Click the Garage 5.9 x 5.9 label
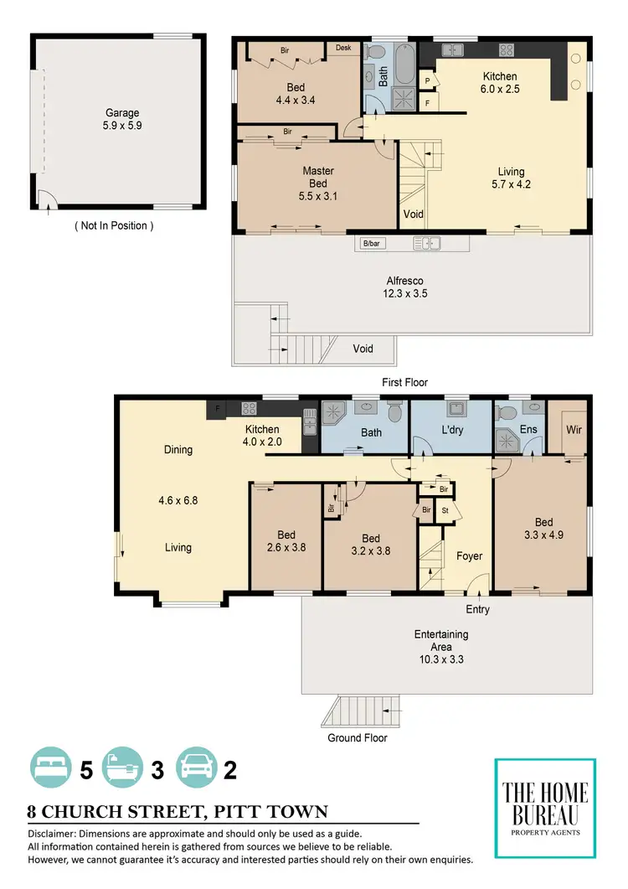[x=122, y=120]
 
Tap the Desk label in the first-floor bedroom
[x=343, y=48]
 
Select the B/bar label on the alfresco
[x=371, y=244]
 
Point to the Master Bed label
[x=318, y=178]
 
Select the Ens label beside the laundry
[x=528, y=429]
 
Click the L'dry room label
[x=455, y=432]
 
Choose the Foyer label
[x=469, y=556]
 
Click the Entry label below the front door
[x=477, y=609]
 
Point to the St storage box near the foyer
[x=445, y=509]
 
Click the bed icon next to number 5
[x=51, y=768]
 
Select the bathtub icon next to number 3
[x=122, y=768]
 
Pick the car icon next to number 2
[x=195, y=768]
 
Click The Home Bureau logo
[x=545, y=808]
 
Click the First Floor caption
[x=405, y=382]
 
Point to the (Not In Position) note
[x=114, y=225]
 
